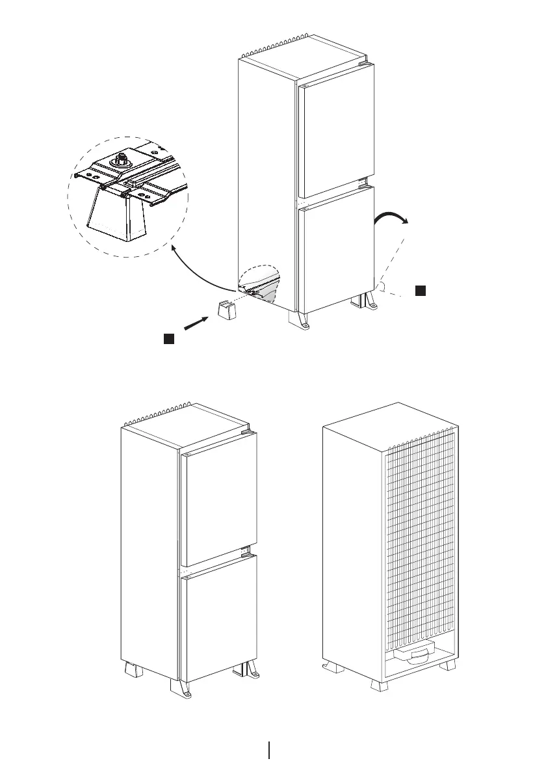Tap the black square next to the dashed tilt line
[x=421, y=290]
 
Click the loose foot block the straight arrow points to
[x=226, y=310]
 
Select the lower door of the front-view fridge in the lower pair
[x=218, y=621]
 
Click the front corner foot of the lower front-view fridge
[x=181, y=690]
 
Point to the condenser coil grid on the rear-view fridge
[x=421, y=540]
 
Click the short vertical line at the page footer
[x=269, y=750]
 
